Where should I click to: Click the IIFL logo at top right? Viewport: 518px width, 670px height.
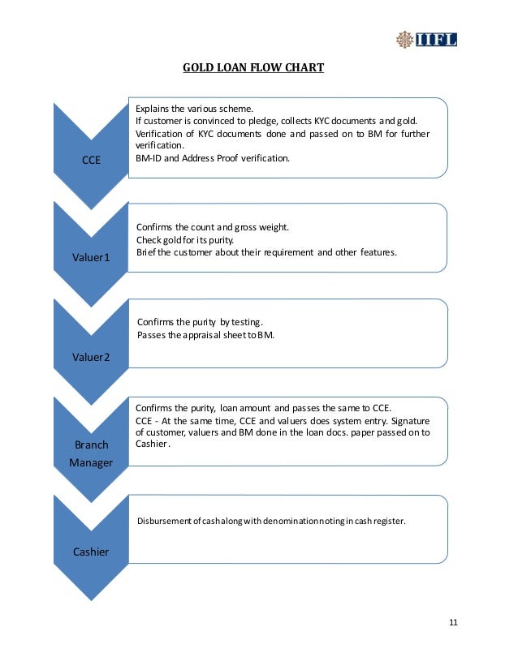coord(425,38)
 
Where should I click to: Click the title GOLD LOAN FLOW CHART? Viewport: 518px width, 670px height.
coord(253,67)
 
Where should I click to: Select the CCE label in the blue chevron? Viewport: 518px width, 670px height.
coord(92,160)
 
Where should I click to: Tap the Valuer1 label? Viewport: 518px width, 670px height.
coord(91,257)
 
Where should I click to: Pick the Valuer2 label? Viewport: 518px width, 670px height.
coord(91,355)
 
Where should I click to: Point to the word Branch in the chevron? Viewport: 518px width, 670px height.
coord(91,445)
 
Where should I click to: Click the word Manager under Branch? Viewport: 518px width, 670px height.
coord(91,462)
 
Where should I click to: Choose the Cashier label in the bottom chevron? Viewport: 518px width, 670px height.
coord(91,552)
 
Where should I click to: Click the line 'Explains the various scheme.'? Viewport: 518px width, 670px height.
coord(194,109)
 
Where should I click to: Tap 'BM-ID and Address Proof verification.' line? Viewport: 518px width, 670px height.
coord(212,157)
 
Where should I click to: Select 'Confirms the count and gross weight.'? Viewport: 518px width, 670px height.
coord(213,227)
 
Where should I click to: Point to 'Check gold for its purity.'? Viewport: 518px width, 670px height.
coord(187,240)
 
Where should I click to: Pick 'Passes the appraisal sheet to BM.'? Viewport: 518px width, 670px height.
coord(206,334)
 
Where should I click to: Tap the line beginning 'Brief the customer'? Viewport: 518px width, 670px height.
coord(266,252)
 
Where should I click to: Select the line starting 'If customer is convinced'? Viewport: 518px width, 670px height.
coord(275,121)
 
